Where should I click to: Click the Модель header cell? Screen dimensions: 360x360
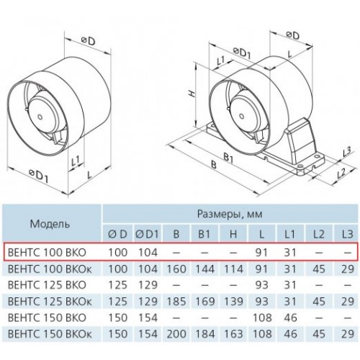tap(50, 224)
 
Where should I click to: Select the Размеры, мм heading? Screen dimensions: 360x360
tap(230, 213)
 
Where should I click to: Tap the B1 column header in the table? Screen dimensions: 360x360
tap(204, 234)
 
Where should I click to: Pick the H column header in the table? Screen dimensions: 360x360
tap(233, 234)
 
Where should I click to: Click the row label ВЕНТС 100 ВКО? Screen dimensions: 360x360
tap(47, 252)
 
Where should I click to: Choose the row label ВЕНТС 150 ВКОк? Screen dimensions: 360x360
tap(50, 333)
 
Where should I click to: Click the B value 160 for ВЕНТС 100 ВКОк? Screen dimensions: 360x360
tap(176, 269)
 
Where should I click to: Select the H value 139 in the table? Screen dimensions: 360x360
tap(233, 301)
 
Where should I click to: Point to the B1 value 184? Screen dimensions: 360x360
tap(204, 333)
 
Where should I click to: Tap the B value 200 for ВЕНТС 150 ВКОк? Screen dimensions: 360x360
tap(176, 333)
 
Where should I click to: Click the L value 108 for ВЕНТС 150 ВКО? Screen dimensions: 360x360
tap(262, 318)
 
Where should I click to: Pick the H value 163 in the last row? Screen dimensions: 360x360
tap(233, 333)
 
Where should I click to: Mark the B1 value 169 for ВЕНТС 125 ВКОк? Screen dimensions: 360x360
tap(204, 301)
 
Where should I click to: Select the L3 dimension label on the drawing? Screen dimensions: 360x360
tap(346, 151)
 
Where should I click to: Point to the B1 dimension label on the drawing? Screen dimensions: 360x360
tap(228, 159)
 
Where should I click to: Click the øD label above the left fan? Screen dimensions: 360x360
tap(88, 41)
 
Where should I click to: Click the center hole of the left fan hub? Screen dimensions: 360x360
tap(40, 117)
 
